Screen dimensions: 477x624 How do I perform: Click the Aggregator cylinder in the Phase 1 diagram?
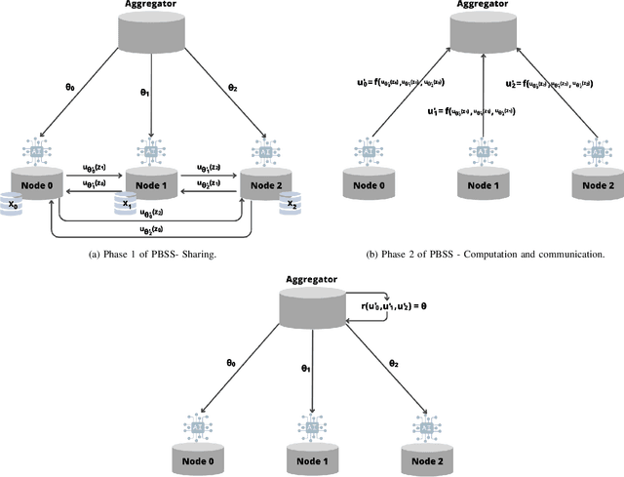[151, 35]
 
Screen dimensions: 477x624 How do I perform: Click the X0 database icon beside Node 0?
[13, 207]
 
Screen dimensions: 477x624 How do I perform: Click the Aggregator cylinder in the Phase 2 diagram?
[484, 35]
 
